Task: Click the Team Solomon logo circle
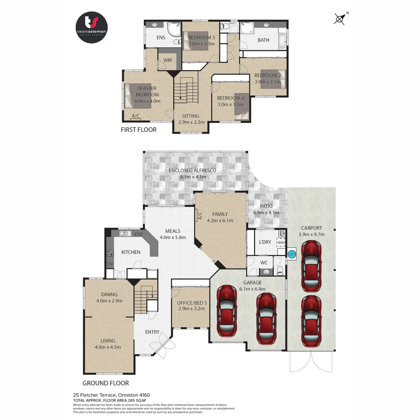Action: click(x=91, y=27)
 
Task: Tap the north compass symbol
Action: click(x=340, y=19)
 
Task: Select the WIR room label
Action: click(x=168, y=61)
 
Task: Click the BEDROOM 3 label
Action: click(x=201, y=38)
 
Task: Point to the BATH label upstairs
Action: click(x=263, y=40)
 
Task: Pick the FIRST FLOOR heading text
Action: click(x=138, y=130)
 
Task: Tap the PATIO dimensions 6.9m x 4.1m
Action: click(x=266, y=212)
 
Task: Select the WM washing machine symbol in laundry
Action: click(x=280, y=242)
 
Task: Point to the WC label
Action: click(x=264, y=262)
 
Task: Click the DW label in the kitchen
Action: click(x=138, y=234)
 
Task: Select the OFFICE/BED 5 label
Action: click(x=191, y=303)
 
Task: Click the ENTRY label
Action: click(x=152, y=332)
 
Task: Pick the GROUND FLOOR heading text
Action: click(x=105, y=383)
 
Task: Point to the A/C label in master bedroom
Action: click(x=136, y=116)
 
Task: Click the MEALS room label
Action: click(x=173, y=231)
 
